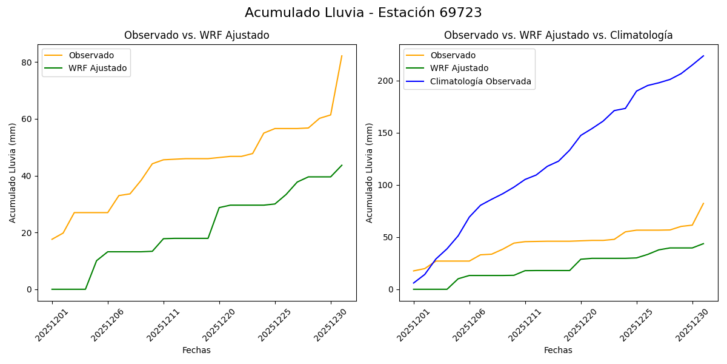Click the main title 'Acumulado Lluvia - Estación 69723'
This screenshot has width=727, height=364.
pyautogui.click(x=363, y=13)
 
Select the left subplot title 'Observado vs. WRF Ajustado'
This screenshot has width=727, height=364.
pyautogui.click(x=197, y=36)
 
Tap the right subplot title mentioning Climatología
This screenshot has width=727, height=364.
pyautogui.click(x=558, y=36)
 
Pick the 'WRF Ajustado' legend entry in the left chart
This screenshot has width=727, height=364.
pyautogui.click(x=98, y=69)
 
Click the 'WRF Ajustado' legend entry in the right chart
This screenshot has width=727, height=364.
pyautogui.click(x=459, y=69)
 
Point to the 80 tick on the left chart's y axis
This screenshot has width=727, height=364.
pyautogui.click(x=27, y=62)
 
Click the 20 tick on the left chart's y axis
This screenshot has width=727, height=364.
pyautogui.click(x=27, y=233)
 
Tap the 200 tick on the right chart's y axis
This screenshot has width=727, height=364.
pyautogui.click(x=387, y=81)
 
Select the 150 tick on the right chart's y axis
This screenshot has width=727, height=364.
pyautogui.click(x=387, y=133)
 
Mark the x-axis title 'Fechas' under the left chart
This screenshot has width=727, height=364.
pyautogui.click(x=196, y=351)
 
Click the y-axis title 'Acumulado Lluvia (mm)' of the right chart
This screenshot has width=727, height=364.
pyautogui.click(x=370, y=173)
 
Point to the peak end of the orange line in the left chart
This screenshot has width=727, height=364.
pyautogui.click(x=342, y=56)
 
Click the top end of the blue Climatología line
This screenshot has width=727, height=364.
pyautogui.click(x=703, y=56)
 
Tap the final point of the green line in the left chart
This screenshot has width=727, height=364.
pyautogui.click(x=342, y=165)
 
